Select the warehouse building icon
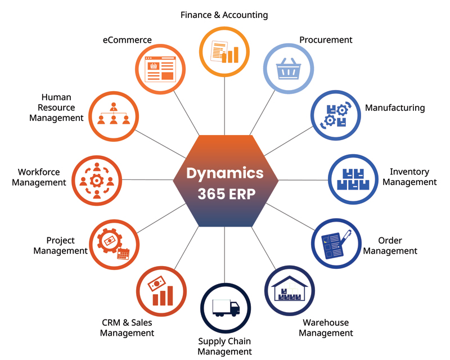tap(289, 289)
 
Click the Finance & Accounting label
tap(224, 15)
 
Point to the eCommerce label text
tap(127, 40)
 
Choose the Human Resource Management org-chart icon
tap(114, 114)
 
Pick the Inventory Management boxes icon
tap(352, 178)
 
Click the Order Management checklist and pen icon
tap(336, 243)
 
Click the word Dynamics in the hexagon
tap(225, 172)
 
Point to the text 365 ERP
tap(225, 193)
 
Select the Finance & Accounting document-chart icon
tap(224, 52)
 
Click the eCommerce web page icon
tap(160, 69)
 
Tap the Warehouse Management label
tap(326, 327)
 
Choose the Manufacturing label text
tap(395, 107)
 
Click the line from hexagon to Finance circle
tap(225, 107)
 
